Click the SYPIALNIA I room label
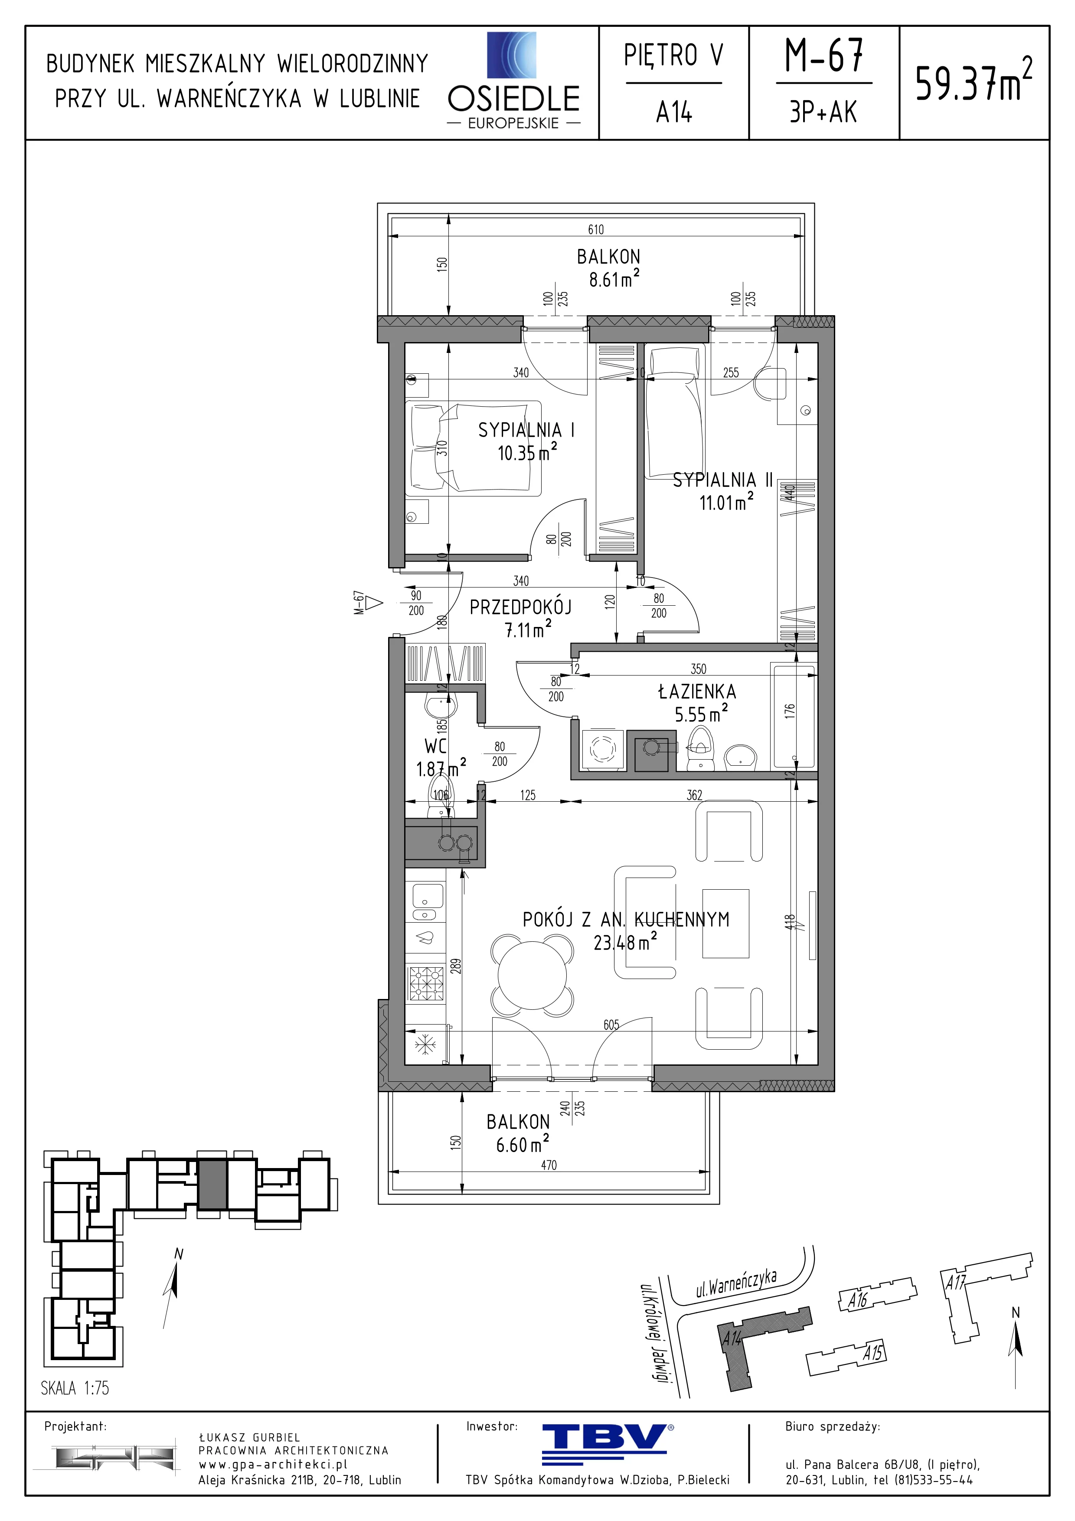(526, 430)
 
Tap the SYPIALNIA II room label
(722, 480)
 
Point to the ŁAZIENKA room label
(697, 692)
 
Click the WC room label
(435, 747)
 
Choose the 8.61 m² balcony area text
(614, 279)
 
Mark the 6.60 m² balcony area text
(523, 1144)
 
